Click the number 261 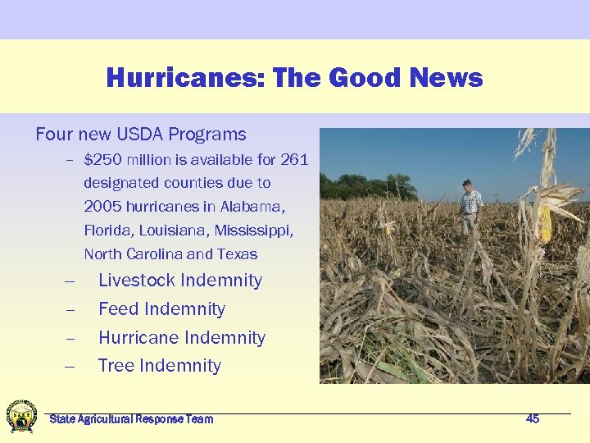pyautogui.click(x=294, y=159)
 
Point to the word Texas pyautogui.click(x=237, y=254)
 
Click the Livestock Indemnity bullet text pyautogui.click(x=179, y=281)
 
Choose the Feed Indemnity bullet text pyautogui.click(x=161, y=309)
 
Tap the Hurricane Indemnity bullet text pyautogui.click(x=181, y=338)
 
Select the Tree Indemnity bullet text pyautogui.click(x=159, y=366)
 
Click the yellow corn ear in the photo pyautogui.click(x=545, y=222)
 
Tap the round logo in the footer pyautogui.click(x=21, y=416)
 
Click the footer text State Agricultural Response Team pyautogui.click(x=131, y=419)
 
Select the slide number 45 pyautogui.click(x=533, y=419)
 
